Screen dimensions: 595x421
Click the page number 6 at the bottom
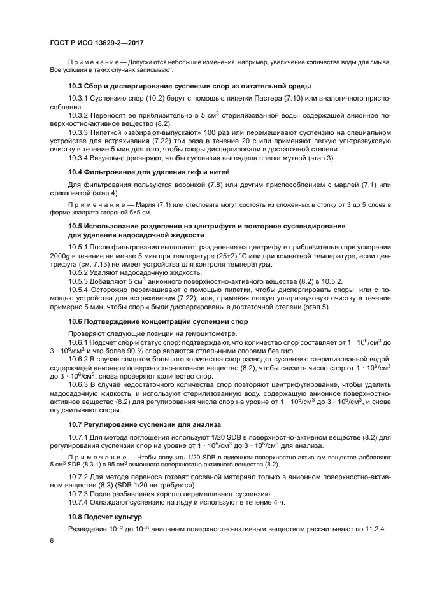[52, 540]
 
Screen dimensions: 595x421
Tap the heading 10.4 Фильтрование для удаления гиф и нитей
[148, 172]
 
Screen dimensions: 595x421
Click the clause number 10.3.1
[80, 99]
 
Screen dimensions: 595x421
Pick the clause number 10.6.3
[80, 385]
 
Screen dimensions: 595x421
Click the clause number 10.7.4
[80, 502]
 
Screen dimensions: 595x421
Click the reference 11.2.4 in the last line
[377, 529]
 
